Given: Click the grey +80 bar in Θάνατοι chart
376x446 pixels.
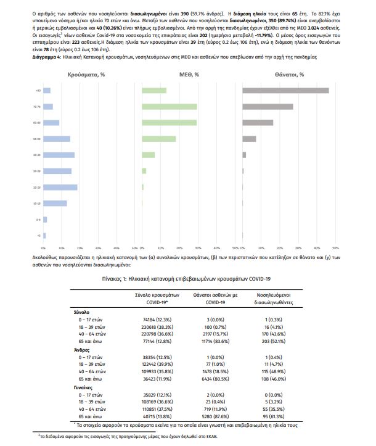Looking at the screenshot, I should (x=285, y=91).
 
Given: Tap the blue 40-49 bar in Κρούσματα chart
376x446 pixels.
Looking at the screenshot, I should (x=59, y=155).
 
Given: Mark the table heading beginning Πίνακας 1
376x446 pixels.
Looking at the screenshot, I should (x=187, y=279).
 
